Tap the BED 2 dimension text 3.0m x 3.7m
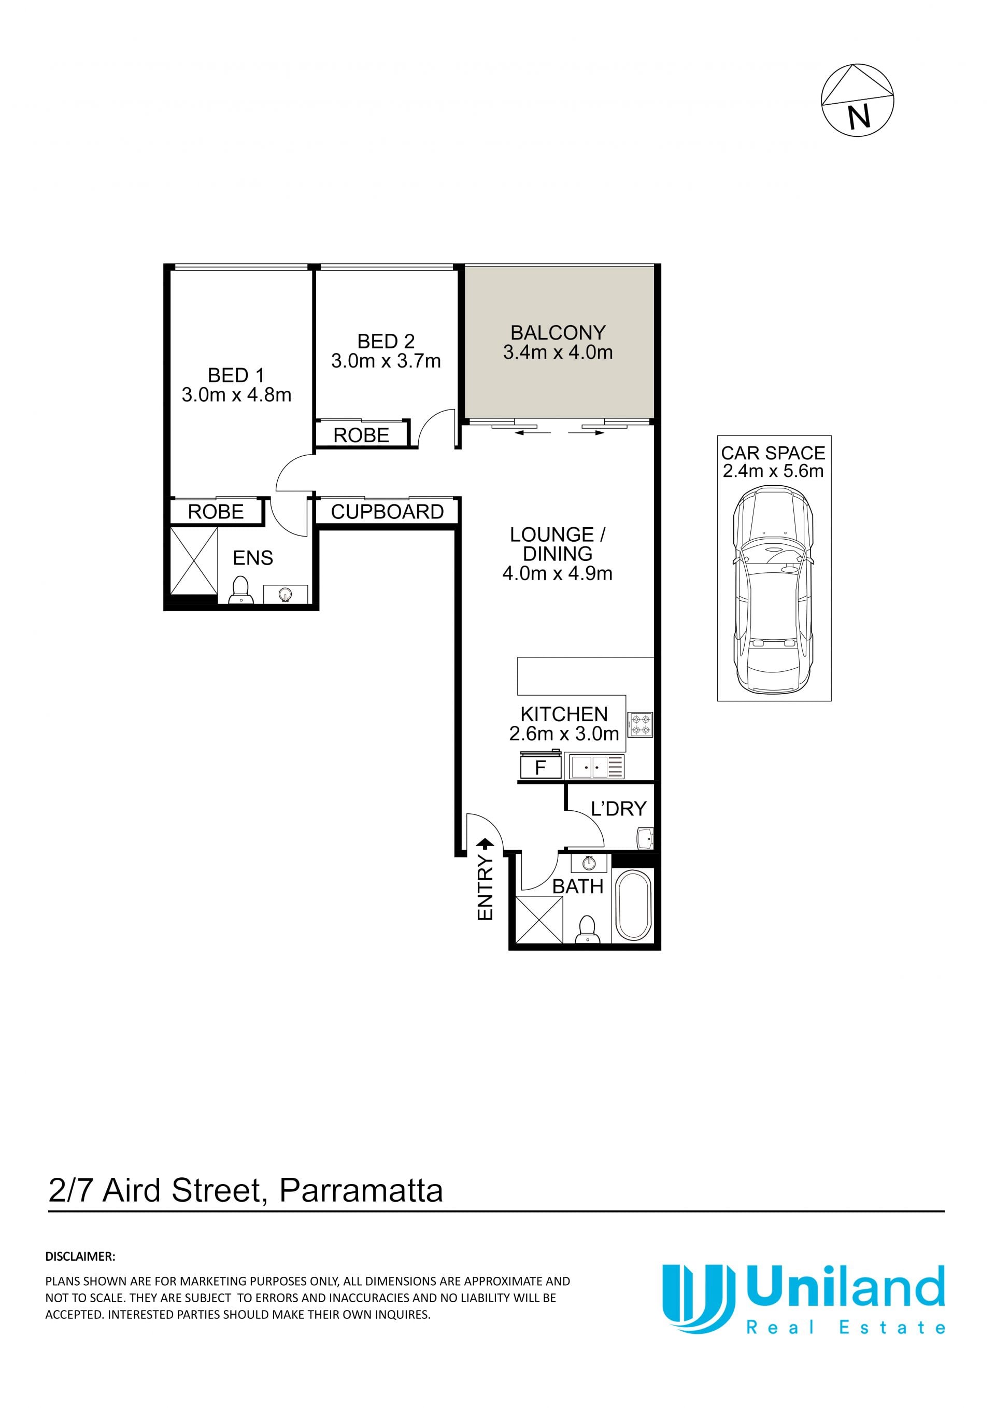(386, 361)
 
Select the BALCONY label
(558, 332)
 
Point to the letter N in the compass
(860, 116)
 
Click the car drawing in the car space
(774, 589)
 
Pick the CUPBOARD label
(388, 512)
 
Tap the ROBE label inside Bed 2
(361, 435)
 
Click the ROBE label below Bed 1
(216, 512)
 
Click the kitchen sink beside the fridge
(596, 767)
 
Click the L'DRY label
(619, 809)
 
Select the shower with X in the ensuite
(194, 560)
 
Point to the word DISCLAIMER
(80, 1256)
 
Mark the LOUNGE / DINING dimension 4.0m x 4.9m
(557, 573)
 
